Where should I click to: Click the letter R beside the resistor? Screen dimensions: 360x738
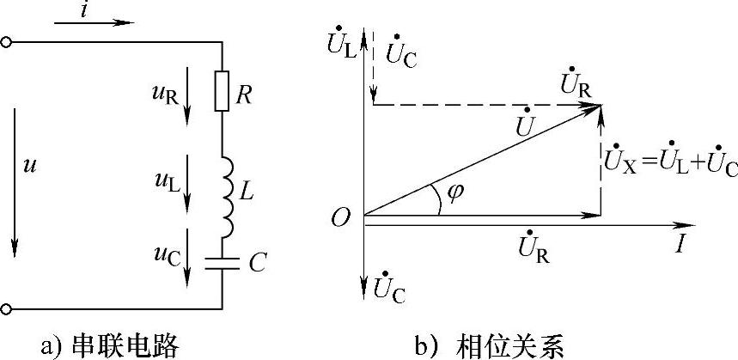point(243,94)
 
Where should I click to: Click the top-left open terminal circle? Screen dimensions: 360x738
point(6,41)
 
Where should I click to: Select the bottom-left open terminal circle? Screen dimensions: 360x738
point(6,308)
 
